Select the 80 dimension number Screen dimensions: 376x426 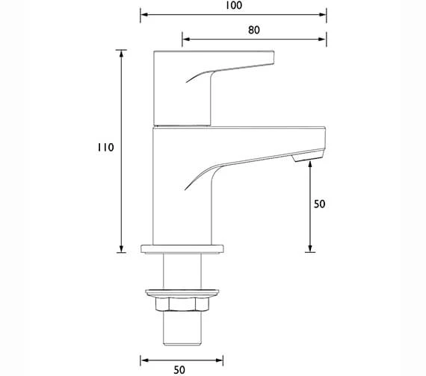(253, 31)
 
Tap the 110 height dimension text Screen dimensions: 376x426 (105, 148)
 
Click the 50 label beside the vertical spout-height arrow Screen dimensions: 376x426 (320, 203)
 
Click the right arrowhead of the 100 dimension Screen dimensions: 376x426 (324, 14)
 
